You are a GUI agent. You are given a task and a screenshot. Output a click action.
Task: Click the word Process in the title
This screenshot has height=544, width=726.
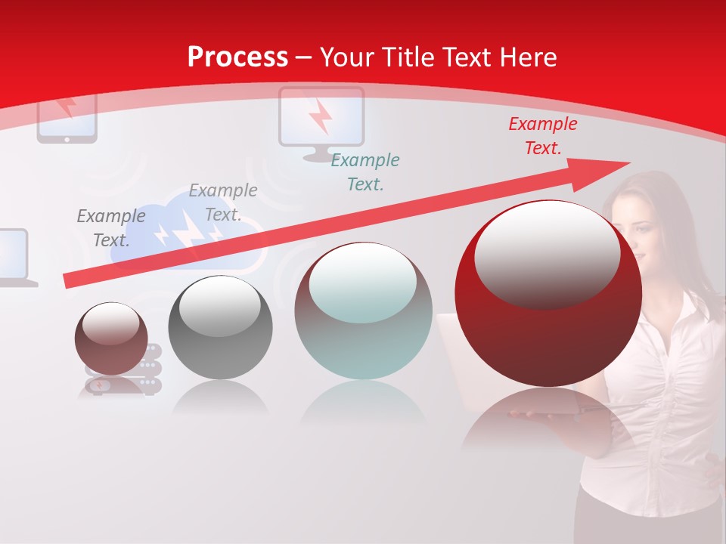pyautogui.click(x=237, y=57)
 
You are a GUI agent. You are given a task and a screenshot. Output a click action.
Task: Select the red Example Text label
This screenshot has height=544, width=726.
pyautogui.click(x=542, y=136)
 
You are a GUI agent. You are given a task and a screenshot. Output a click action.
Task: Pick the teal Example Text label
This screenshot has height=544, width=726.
pyautogui.click(x=365, y=172)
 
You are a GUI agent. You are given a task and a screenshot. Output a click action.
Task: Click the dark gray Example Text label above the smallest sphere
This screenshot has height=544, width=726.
pyautogui.click(x=111, y=227)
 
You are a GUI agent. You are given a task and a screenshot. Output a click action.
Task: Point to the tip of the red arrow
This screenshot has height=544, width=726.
pyautogui.click(x=628, y=162)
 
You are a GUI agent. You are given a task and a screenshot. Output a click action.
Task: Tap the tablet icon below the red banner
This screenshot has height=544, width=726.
pyautogui.click(x=67, y=117)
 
